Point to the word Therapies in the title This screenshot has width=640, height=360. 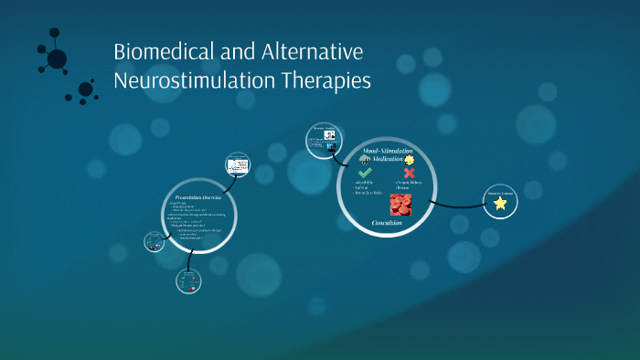[x=325, y=80]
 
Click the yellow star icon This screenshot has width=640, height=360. [x=500, y=204]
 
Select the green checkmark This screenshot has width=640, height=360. [x=365, y=173]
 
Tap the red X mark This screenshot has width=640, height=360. [x=409, y=173]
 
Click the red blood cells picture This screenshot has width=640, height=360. [x=400, y=204]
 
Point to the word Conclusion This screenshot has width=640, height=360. [x=388, y=222]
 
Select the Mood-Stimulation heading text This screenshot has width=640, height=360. [x=388, y=149]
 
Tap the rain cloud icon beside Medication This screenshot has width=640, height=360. [x=365, y=159]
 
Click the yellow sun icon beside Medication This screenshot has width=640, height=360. [x=410, y=159]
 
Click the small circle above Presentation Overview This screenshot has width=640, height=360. [x=237, y=166]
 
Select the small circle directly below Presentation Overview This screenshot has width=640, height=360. [x=188, y=281]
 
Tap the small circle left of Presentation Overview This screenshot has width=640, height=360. [x=154, y=242]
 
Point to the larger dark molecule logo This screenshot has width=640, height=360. [x=57, y=58]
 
